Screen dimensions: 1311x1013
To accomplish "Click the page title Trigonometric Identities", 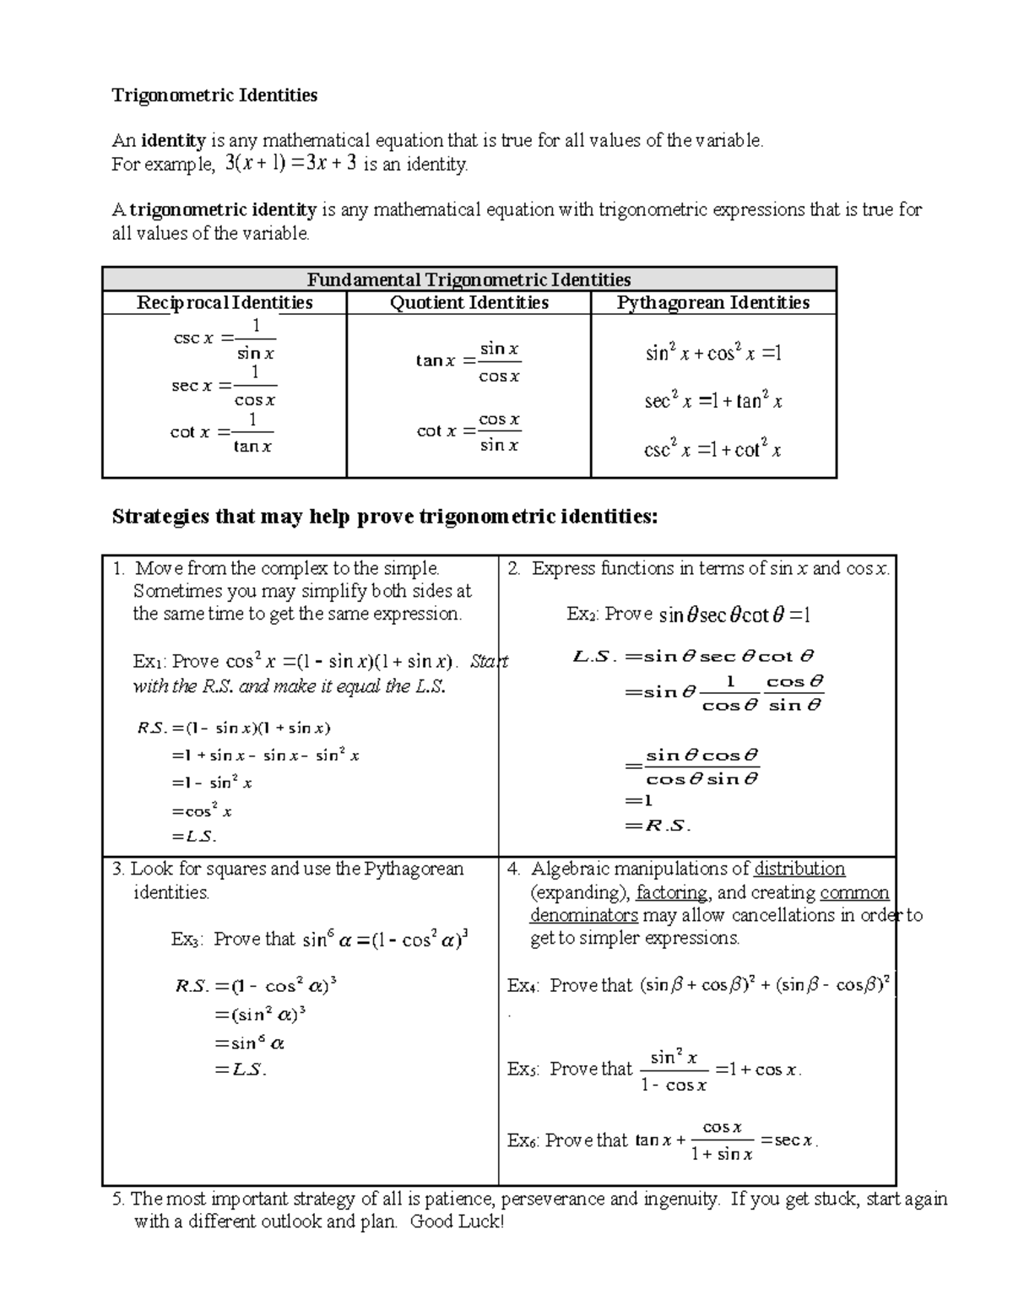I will point(214,95).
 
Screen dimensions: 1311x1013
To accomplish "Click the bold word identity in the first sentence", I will point(173,141).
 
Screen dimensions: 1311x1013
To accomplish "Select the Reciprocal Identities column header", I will point(225,303).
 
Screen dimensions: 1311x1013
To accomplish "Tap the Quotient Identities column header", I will point(469,303).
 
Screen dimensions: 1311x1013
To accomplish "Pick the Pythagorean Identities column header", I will point(713,303).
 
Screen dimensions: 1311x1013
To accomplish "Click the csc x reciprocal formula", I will point(225,339).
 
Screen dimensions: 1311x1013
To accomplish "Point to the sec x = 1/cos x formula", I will point(225,386).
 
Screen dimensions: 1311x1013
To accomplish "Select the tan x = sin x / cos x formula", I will point(469,361).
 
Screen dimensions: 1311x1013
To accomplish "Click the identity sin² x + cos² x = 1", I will point(713,354).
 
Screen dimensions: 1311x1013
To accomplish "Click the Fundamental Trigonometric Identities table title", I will point(469,279).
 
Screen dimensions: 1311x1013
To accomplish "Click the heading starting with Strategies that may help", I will point(384,517).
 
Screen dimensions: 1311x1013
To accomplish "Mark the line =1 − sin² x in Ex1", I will point(212,783).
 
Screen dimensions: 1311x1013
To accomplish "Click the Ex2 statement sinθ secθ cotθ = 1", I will point(734,615).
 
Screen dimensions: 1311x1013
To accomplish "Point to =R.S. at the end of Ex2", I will point(658,826).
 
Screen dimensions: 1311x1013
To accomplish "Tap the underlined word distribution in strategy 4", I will point(799,869).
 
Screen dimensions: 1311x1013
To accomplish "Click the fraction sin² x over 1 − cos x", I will point(674,1070).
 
